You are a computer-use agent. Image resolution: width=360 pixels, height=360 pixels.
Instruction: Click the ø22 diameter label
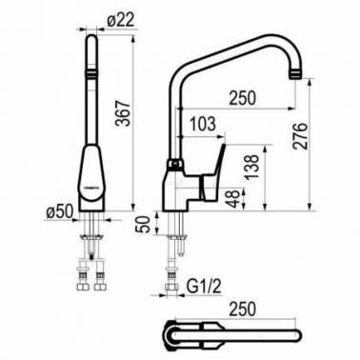(121, 20)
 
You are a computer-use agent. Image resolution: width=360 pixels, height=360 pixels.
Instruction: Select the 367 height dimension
(123, 113)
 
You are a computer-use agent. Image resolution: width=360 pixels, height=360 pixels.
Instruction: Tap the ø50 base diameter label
(60, 211)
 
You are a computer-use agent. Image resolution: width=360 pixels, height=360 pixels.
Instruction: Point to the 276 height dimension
(300, 135)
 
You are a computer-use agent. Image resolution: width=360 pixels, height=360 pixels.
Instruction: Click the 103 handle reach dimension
(202, 124)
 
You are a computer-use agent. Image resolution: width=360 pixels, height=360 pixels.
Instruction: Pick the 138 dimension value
(252, 168)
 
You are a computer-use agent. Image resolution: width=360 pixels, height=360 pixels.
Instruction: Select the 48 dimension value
(235, 199)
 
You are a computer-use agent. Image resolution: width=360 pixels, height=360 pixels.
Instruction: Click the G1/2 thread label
(204, 288)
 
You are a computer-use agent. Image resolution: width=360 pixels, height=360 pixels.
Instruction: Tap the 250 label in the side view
(242, 97)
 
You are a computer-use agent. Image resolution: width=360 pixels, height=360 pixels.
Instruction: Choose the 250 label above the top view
(242, 309)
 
